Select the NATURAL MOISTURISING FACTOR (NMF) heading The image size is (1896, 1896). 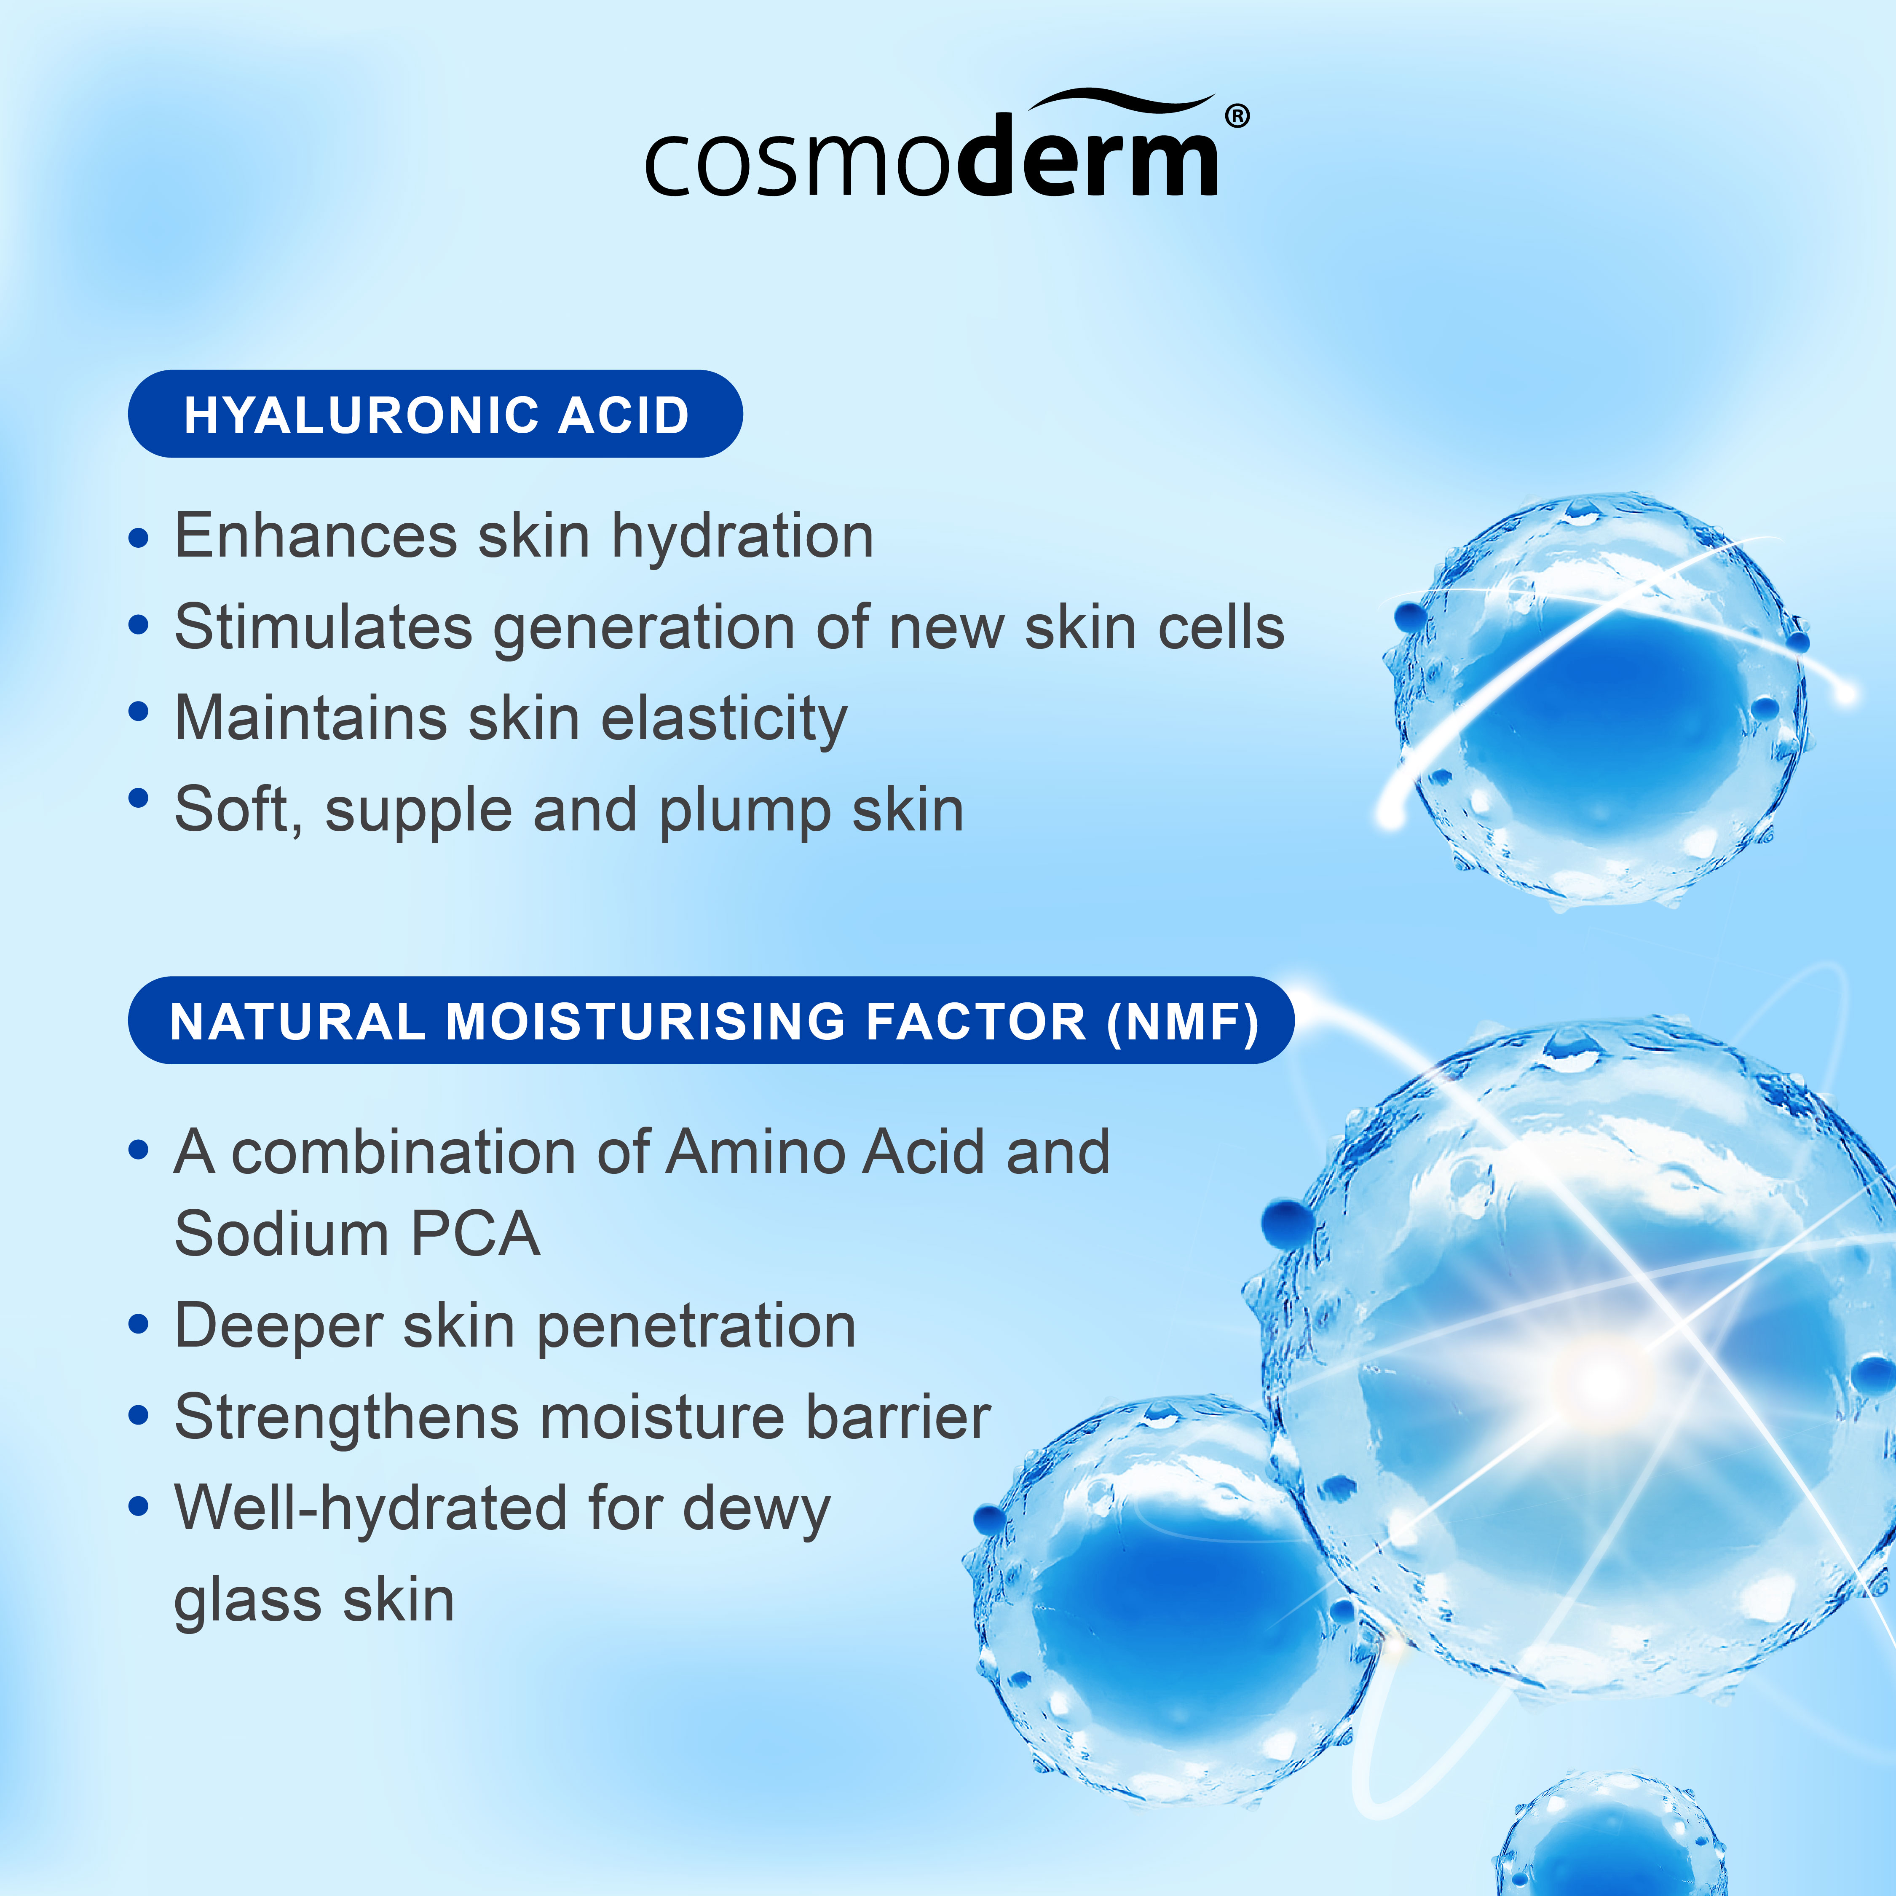[712, 1020]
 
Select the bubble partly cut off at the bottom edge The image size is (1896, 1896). [1609, 1845]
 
